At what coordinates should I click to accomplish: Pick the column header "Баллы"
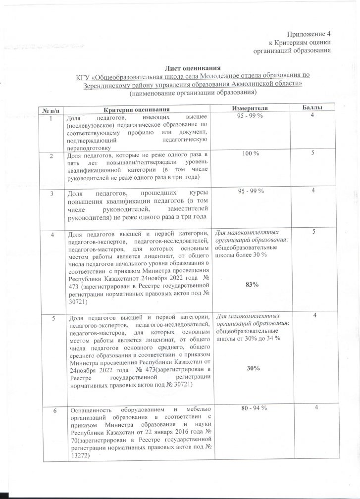click(312, 107)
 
